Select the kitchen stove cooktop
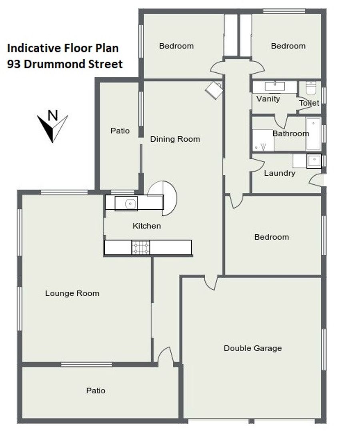pos(141,247)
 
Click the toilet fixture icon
pos(311,88)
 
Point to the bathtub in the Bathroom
pos(314,134)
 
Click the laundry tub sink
pos(314,161)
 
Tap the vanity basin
pos(274,86)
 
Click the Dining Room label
pos(175,139)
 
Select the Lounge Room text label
pos(72,293)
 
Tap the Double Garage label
pos(253,348)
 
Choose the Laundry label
pos(279,173)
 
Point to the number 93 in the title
pos(14,64)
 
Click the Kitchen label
pos(147,226)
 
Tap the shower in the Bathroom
pos(263,140)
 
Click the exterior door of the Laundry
pos(316,180)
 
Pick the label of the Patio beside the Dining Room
pos(120,131)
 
